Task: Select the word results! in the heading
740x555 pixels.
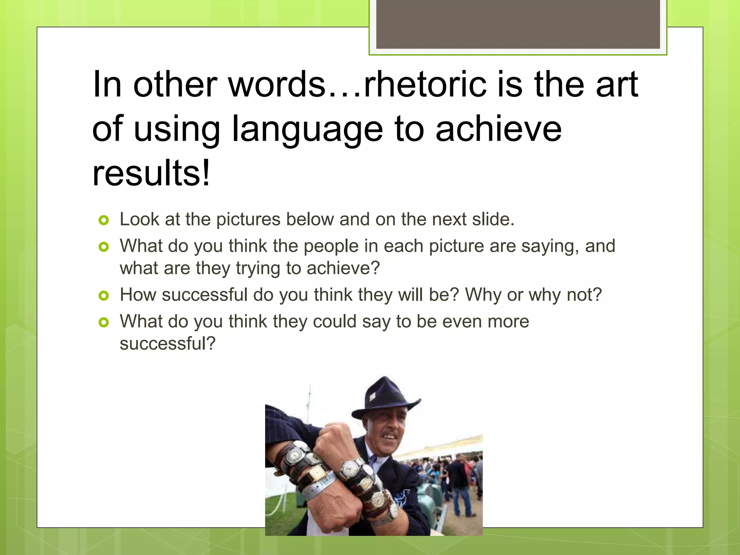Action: (x=151, y=173)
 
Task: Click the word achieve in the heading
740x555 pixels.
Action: (x=499, y=129)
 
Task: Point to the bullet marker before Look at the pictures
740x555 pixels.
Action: (x=104, y=220)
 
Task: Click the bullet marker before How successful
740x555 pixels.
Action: (x=104, y=296)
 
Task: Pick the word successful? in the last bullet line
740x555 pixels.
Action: (x=167, y=344)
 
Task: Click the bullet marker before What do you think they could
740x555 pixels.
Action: (x=104, y=322)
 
